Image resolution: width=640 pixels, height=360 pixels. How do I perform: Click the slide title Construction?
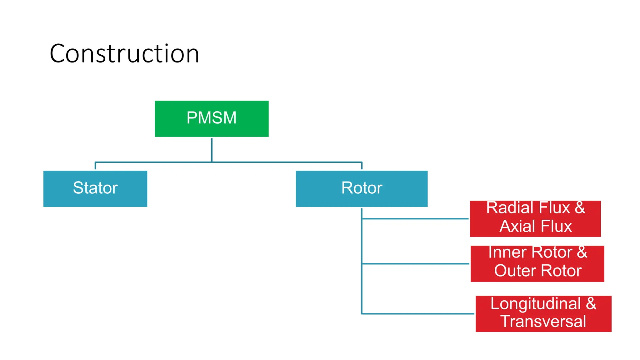[124, 54]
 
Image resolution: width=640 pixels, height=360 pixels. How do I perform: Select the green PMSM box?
[212, 118]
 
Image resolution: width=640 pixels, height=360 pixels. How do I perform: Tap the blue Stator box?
[95, 188]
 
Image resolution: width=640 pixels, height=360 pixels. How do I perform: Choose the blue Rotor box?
[362, 188]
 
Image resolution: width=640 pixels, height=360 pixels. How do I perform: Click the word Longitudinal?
[535, 304]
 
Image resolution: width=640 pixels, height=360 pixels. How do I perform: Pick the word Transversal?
[543, 322]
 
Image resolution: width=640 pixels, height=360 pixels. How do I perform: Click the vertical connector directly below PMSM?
[212, 150]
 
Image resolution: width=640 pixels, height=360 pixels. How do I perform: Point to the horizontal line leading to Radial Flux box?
[416, 219]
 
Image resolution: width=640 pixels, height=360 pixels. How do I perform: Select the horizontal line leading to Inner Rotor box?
[416, 264]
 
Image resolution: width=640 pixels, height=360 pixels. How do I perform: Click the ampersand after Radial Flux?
[580, 208]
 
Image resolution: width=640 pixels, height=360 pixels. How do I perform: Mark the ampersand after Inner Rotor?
[582, 252]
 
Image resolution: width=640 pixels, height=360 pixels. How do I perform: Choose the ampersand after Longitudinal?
[591, 304]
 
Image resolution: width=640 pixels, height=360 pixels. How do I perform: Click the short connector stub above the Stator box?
[95, 166]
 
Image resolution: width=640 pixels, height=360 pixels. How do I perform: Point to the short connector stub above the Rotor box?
[362, 166]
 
